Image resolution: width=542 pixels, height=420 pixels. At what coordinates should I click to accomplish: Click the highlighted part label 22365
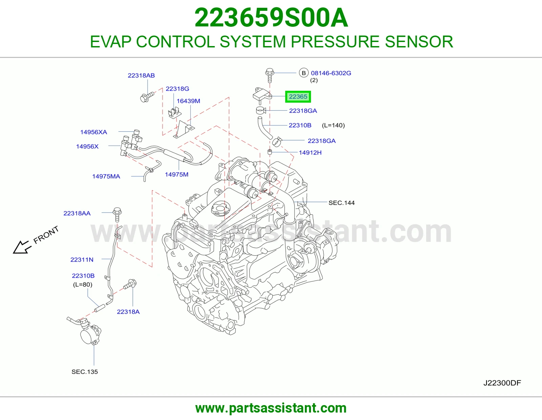click(298, 97)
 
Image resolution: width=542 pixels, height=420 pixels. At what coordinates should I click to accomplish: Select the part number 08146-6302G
click(331, 73)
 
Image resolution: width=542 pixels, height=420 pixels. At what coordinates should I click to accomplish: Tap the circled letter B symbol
click(304, 73)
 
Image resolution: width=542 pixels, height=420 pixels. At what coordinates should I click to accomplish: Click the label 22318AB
click(141, 75)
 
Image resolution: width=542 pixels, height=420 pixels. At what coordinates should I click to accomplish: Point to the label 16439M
click(188, 101)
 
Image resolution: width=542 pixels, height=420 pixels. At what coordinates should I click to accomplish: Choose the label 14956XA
click(93, 132)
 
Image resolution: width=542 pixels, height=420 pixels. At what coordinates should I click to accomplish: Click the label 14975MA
click(106, 176)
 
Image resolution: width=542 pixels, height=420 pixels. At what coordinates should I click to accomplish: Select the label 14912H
click(310, 152)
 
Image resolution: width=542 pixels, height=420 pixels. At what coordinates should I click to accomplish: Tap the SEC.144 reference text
click(341, 203)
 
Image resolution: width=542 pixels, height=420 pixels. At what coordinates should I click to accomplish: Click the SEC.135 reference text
click(85, 372)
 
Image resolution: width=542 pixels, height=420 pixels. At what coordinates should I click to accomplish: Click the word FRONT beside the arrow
click(46, 235)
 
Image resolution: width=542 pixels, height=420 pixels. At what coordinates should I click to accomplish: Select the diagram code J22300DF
click(502, 383)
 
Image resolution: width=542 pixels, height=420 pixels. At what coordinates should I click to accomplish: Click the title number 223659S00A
click(271, 18)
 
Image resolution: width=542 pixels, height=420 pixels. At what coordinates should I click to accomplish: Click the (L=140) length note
click(333, 125)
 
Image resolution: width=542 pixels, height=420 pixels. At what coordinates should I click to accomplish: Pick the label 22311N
click(82, 260)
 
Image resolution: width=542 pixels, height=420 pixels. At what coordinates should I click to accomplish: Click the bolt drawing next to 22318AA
click(117, 214)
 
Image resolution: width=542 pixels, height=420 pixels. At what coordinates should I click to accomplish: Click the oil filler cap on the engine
click(221, 209)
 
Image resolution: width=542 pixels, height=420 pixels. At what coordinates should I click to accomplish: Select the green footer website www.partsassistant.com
click(271, 408)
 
